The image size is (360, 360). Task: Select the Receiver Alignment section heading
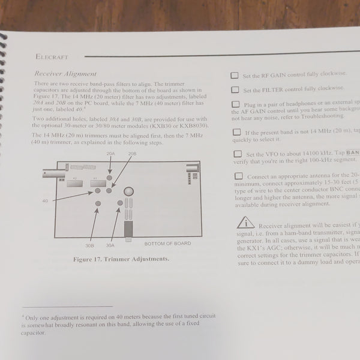pyautogui.click(x=64, y=73)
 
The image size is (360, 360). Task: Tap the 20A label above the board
pyautogui.click(x=110, y=154)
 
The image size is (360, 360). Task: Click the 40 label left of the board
pyautogui.click(x=45, y=200)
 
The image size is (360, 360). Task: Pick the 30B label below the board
pyautogui.click(x=89, y=245)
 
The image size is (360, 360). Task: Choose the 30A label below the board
pyautogui.click(x=110, y=245)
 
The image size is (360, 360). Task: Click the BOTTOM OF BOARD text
pyautogui.click(x=167, y=244)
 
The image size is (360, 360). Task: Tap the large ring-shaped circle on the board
pyautogui.click(x=128, y=192)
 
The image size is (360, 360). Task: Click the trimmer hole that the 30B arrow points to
pyautogui.click(x=98, y=205)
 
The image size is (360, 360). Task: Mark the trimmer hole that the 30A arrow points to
pyautogui.click(x=120, y=204)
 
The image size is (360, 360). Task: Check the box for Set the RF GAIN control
pyautogui.click(x=234, y=76)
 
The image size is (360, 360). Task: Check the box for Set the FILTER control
pyautogui.click(x=235, y=89)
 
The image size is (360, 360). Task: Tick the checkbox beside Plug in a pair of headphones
pyautogui.click(x=235, y=104)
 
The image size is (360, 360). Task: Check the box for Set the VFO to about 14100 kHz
pyautogui.click(x=238, y=154)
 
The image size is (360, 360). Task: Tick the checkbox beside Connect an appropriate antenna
pyautogui.click(x=239, y=176)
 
